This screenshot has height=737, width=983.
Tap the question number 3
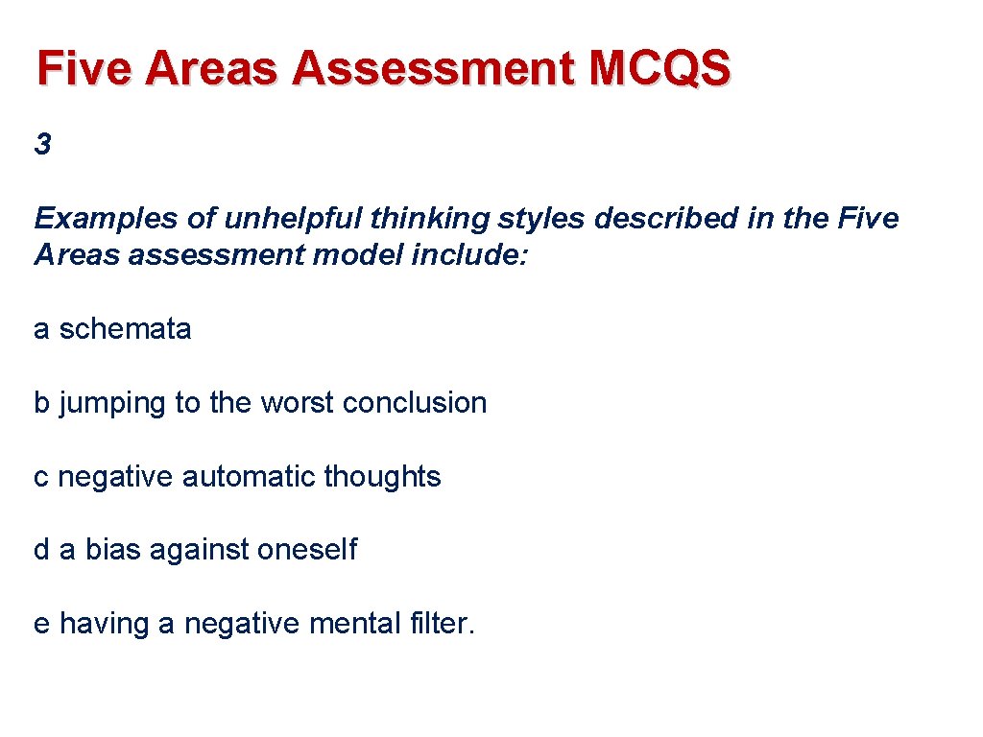click(42, 145)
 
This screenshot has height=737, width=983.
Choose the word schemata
click(125, 329)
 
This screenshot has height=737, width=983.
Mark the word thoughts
click(382, 477)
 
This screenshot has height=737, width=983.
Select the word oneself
click(306, 550)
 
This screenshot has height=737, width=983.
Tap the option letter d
click(41, 550)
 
